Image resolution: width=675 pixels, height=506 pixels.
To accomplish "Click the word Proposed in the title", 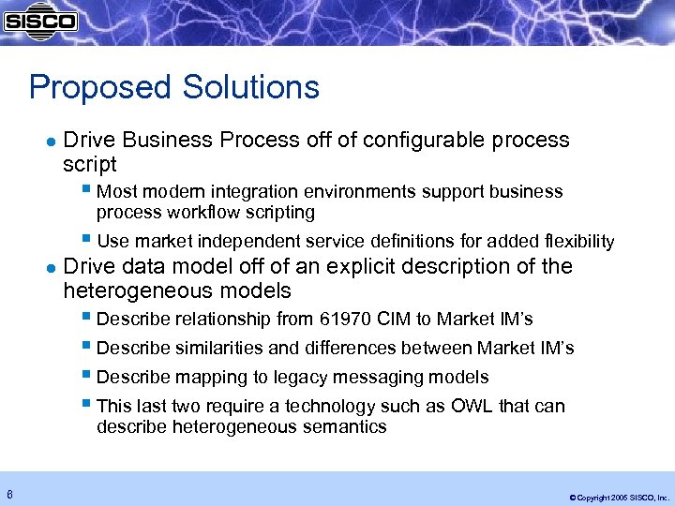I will point(83,88).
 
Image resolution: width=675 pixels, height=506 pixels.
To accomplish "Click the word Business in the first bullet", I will point(168,140).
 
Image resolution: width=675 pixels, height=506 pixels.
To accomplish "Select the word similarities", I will point(218,349).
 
